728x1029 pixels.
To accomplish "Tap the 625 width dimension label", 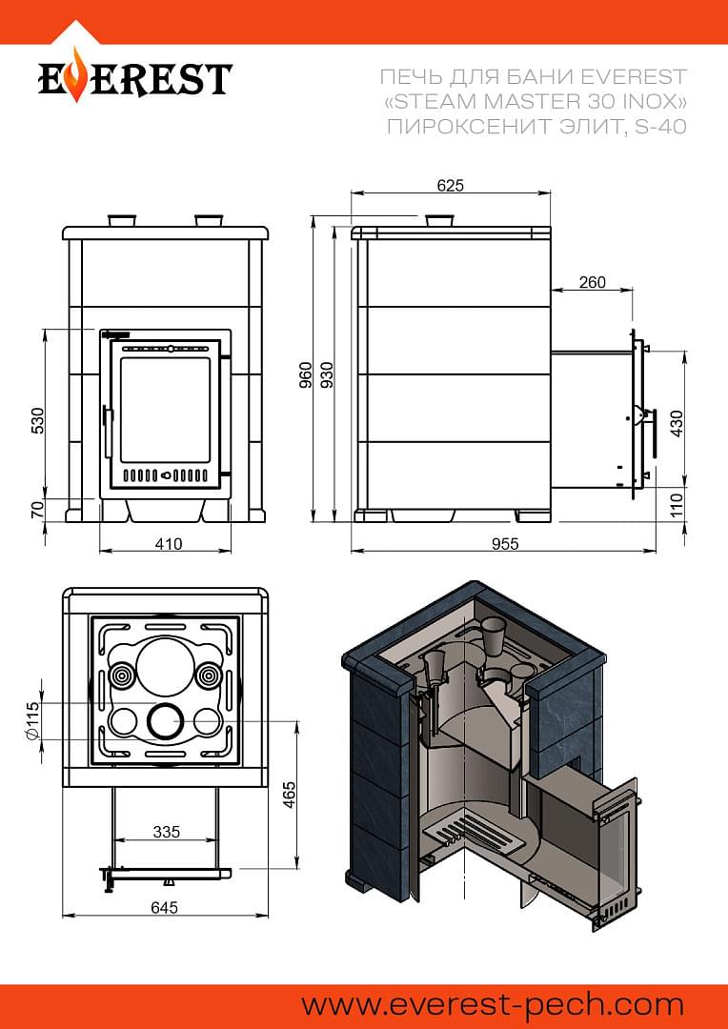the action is pyautogui.click(x=451, y=185).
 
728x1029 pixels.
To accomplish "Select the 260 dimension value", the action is pyautogui.click(x=592, y=282).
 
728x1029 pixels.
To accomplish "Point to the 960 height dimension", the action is pyautogui.click(x=305, y=374).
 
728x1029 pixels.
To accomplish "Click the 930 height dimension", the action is pyautogui.click(x=326, y=374).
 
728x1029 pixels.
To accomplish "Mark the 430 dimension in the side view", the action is pyautogui.click(x=677, y=424).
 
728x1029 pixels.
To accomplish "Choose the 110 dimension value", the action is pyautogui.click(x=677, y=506).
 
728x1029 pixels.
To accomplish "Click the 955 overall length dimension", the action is pyautogui.click(x=505, y=543).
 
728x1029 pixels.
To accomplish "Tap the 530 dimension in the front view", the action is pyautogui.click(x=37, y=420).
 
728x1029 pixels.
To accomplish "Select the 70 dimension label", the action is pyautogui.click(x=37, y=509).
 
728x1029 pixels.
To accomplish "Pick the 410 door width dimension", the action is pyautogui.click(x=169, y=543).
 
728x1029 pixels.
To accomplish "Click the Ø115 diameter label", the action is pyautogui.click(x=32, y=721).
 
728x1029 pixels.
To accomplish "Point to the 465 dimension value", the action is pyautogui.click(x=290, y=794).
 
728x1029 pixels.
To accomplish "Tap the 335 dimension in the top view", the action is pyautogui.click(x=166, y=832).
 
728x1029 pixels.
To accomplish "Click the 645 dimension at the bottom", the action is pyautogui.click(x=164, y=907).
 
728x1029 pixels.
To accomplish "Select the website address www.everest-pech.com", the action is pyautogui.click(x=493, y=1005).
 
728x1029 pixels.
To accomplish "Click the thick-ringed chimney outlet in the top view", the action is pyautogui.click(x=164, y=722).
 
